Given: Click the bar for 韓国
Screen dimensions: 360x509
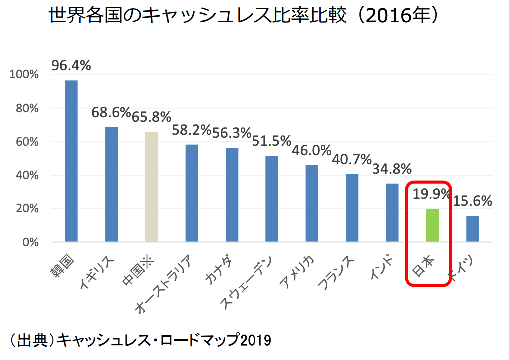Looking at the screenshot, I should [71, 161].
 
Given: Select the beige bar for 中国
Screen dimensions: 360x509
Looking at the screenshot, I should [151, 187].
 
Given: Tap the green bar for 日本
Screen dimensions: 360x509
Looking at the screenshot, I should [432, 225].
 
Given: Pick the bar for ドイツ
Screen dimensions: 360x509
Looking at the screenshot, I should [472, 229].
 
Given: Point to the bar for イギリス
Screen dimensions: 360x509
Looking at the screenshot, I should [111, 184].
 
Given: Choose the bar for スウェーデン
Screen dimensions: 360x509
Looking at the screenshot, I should [271, 199].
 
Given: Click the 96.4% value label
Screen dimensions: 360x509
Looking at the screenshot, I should [71, 66].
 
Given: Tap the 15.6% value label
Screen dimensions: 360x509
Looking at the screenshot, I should [473, 201].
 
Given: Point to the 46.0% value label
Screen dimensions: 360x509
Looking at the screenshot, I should [312, 150].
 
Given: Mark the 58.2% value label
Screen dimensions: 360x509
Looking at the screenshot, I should [191, 130].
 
